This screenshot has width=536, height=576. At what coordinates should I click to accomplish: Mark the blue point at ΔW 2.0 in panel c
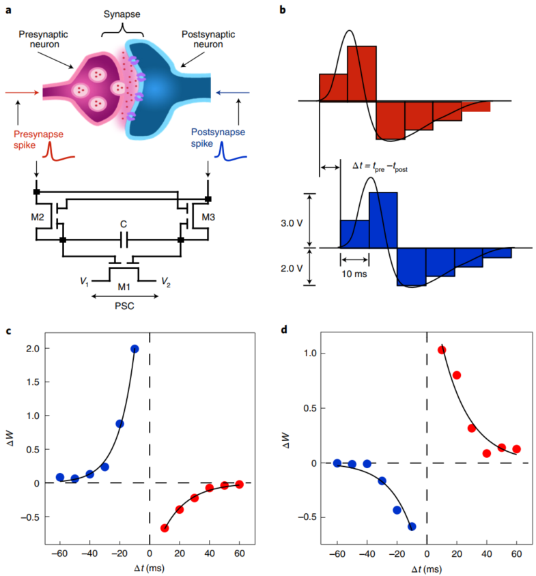click(x=135, y=349)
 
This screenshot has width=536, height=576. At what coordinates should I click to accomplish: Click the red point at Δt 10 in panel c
click(x=165, y=528)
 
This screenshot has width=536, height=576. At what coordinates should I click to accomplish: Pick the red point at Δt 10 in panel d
click(x=442, y=350)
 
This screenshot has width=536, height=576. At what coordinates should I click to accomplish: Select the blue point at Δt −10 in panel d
click(x=412, y=526)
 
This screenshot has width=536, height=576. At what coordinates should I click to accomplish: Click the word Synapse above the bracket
click(x=124, y=14)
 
